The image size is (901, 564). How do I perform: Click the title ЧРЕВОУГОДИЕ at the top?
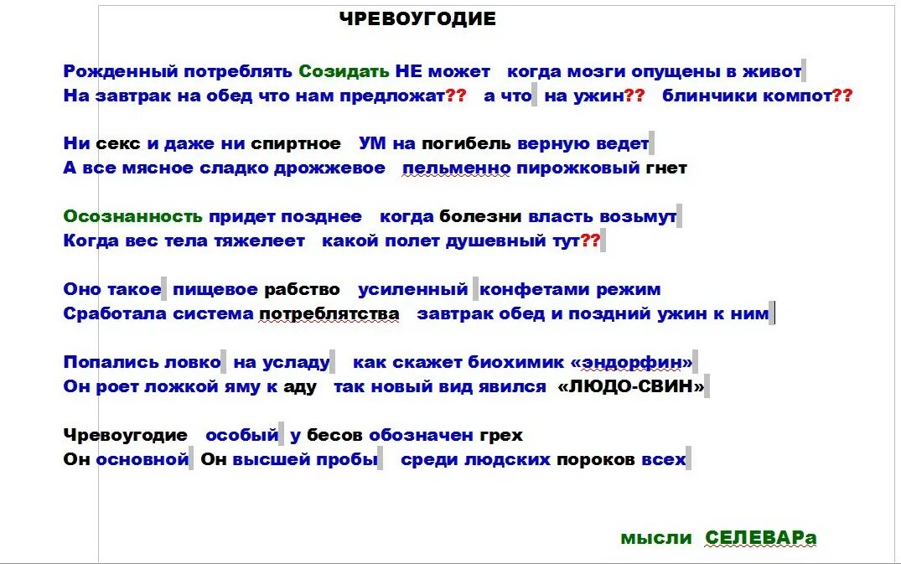coord(417,19)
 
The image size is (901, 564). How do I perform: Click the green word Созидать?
coord(344,71)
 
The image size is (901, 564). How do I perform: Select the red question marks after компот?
coord(842,96)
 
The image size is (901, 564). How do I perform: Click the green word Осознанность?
coord(132,216)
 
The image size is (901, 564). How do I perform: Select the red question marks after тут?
coord(590,241)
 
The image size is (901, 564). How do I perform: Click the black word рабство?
coord(302,290)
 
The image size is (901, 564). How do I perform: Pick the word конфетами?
coord(534,290)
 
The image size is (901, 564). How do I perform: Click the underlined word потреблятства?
coord(329,314)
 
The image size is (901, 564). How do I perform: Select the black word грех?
coord(501,436)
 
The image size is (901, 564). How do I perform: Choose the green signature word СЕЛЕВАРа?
coord(760,538)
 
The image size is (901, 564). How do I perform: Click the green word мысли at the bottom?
coord(656,538)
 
